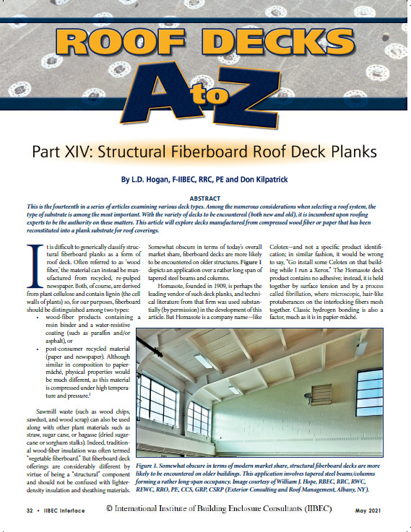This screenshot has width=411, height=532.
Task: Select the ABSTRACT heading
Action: [x=205, y=196]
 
